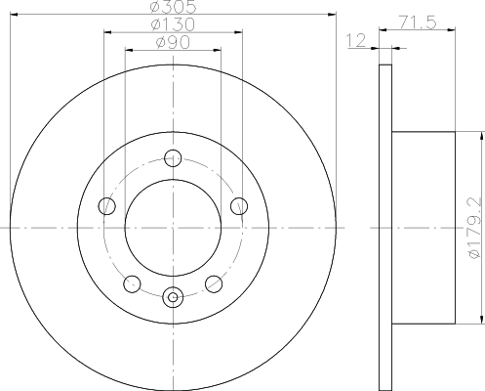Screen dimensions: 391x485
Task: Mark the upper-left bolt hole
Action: pos(108,205)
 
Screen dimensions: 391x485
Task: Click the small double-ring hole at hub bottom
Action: pos(174,297)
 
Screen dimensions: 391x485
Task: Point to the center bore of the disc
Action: pos(174,227)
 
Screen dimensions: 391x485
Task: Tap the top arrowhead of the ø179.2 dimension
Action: pos(481,134)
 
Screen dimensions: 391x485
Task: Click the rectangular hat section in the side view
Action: pos(424,227)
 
